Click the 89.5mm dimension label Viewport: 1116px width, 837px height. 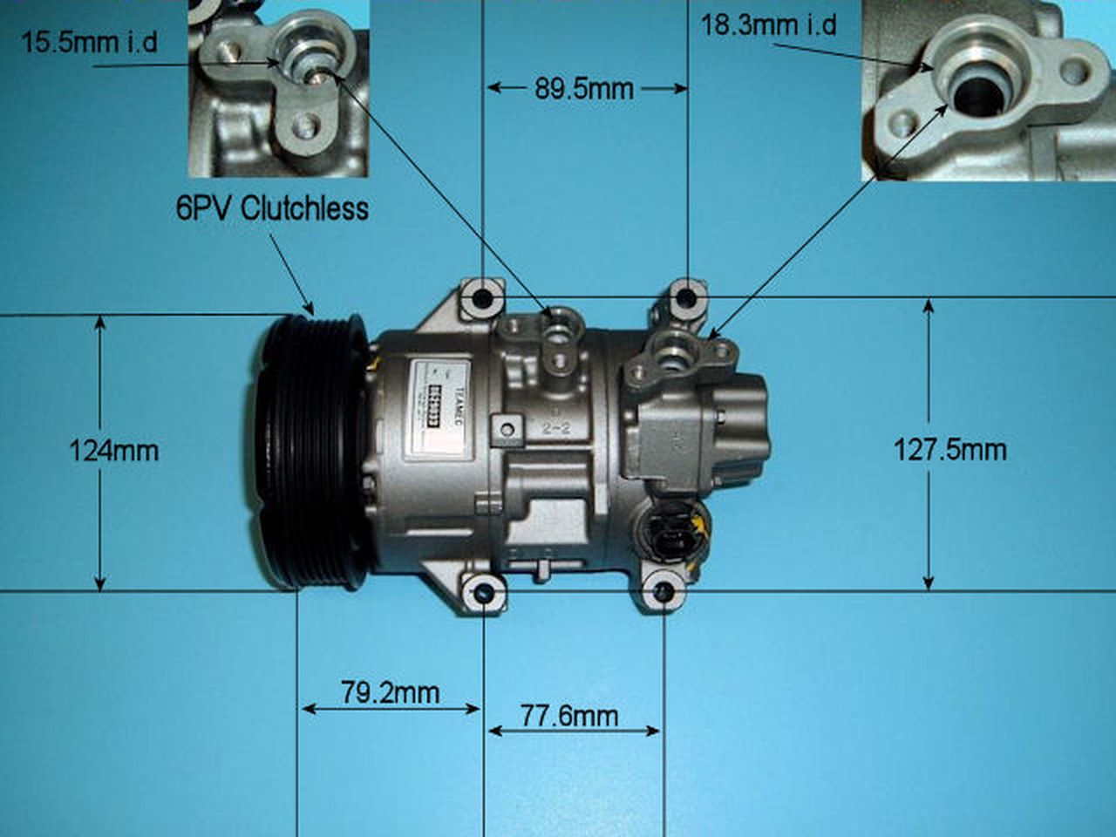pyautogui.click(x=584, y=89)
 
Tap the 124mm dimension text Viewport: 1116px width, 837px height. pyautogui.click(x=113, y=450)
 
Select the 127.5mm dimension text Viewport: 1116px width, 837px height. pyautogui.click(x=949, y=450)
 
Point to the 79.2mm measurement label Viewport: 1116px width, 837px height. pyautogui.click(x=390, y=693)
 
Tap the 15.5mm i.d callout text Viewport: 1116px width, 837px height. pyautogui.click(x=89, y=42)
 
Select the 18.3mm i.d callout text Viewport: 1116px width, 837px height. pyautogui.click(x=768, y=24)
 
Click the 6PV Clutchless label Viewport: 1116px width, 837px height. pyautogui.click(x=272, y=208)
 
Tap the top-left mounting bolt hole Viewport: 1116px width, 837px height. pyautogui.click(x=482, y=298)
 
